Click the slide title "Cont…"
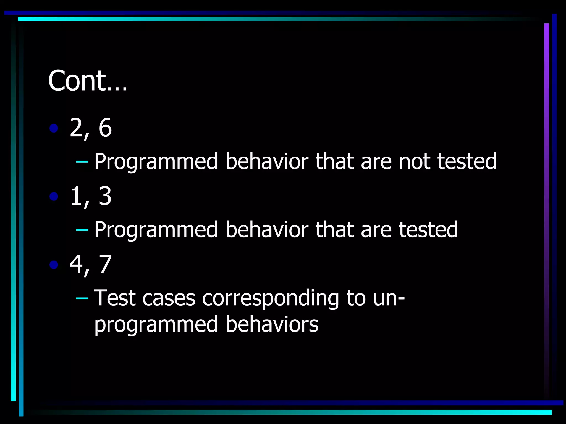click(88, 81)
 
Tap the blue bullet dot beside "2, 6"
click(54, 128)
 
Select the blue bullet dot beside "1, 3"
click(54, 197)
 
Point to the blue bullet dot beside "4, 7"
click(54, 265)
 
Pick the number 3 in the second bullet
click(105, 196)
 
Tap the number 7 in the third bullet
click(105, 264)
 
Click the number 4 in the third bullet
click(76, 264)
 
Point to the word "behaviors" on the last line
click(272, 324)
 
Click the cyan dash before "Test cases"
click(82, 298)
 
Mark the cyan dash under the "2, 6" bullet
click(82, 161)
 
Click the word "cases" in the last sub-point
click(169, 298)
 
